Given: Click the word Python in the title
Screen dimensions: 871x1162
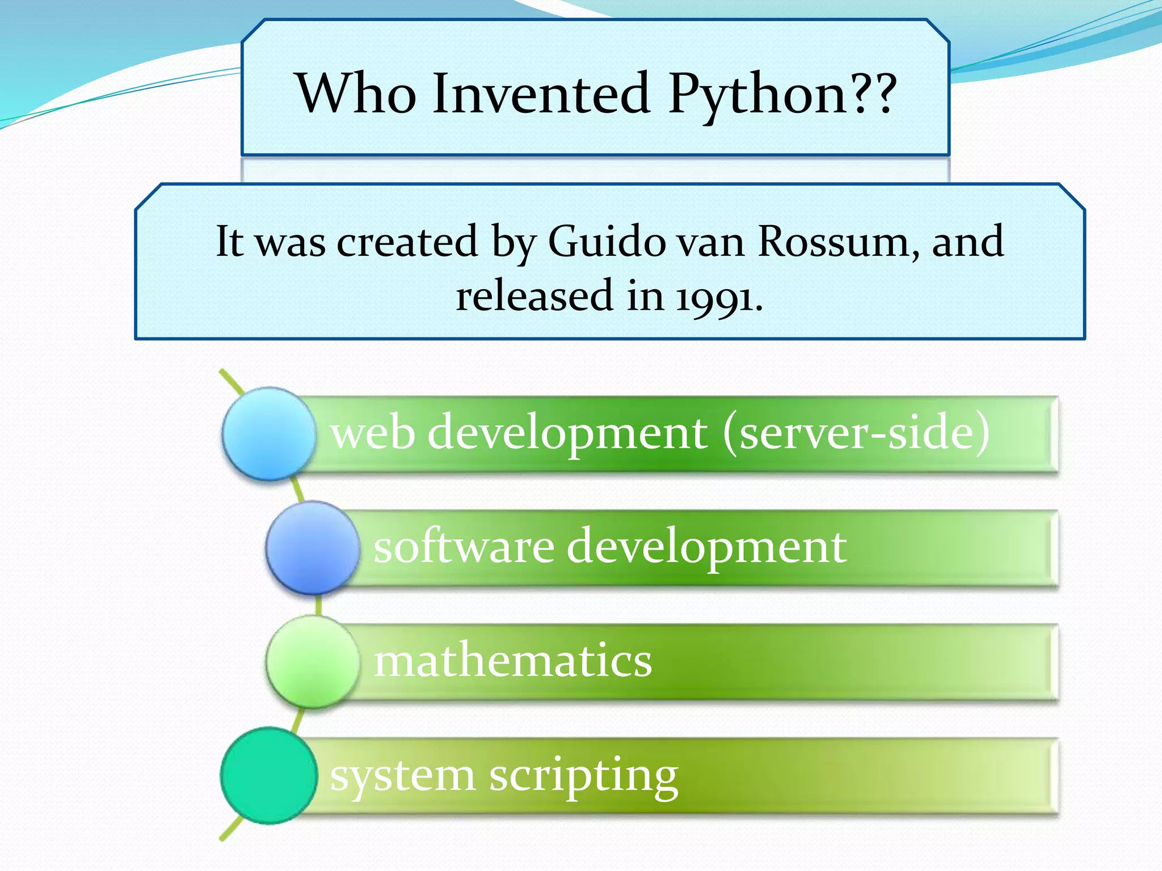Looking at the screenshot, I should coord(758,94).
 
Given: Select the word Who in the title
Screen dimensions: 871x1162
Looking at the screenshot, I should coord(357,93).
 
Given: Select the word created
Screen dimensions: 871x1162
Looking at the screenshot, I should coord(407,242).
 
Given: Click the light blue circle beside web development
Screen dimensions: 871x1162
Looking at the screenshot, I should coord(268,434).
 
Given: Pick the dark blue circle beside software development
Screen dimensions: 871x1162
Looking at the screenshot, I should coord(313,548).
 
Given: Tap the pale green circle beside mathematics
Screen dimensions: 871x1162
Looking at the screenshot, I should coord(313,662).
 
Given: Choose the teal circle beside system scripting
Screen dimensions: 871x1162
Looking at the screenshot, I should coord(268,775).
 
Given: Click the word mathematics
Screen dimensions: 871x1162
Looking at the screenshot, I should coord(513,661).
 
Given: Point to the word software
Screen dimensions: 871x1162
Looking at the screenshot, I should coord(464,547).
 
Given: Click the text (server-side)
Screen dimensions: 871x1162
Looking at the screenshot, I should coord(856,433).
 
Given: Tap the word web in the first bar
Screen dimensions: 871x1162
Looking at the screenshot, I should coord(372,433).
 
